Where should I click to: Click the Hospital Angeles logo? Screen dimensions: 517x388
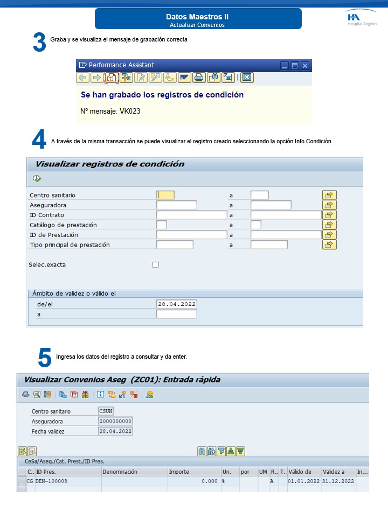click(362, 19)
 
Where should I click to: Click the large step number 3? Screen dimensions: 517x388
click(39, 43)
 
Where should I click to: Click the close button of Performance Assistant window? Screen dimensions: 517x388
click(305, 65)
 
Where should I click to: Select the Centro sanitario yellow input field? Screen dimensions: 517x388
click(165, 195)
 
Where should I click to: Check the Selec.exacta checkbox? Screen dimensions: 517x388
click(156, 264)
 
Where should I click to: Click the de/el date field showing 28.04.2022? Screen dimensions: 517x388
click(177, 304)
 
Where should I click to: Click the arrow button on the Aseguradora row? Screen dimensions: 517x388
click(329, 205)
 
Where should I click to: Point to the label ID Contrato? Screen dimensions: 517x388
click(47, 215)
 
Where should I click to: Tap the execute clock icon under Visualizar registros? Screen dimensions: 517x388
click(37, 179)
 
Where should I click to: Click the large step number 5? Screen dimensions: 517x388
click(45, 358)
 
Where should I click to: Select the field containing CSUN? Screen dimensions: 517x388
click(106, 411)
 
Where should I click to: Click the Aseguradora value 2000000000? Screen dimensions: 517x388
click(116, 421)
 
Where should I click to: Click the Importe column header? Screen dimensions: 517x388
click(179, 472)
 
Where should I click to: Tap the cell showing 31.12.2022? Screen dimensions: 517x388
click(338, 481)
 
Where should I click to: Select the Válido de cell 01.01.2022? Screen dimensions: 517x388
click(304, 481)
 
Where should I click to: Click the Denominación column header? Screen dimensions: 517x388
click(121, 472)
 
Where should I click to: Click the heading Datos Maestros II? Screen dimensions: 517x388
click(197, 17)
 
